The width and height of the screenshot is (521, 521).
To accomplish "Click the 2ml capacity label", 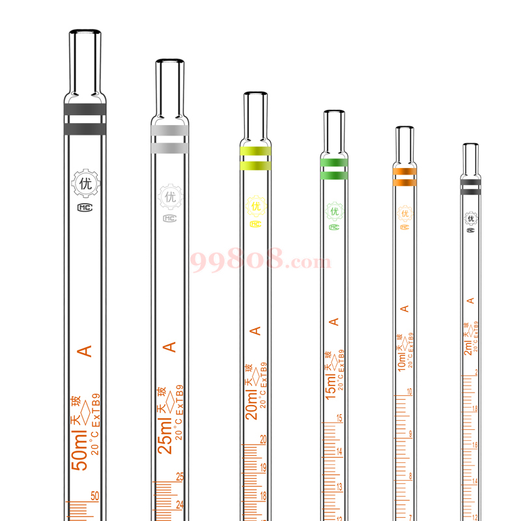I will pyautogui.click(x=468, y=350).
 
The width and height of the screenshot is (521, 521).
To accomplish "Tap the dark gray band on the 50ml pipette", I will pyautogui.click(x=85, y=109).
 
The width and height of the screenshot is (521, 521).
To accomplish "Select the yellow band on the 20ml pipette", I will pyautogui.click(x=255, y=152).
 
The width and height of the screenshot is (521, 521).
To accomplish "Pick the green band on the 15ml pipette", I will pyautogui.click(x=334, y=162).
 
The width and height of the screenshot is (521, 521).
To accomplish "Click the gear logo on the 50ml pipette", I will pyautogui.click(x=85, y=184).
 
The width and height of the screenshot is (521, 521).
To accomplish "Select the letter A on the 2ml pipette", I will pyautogui.click(x=470, y=300).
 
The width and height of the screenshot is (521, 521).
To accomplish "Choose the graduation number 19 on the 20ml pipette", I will pyautogui.click(x=263, y=468).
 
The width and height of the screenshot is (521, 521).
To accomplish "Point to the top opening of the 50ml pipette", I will pyautogui.click(x=85, y=32).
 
